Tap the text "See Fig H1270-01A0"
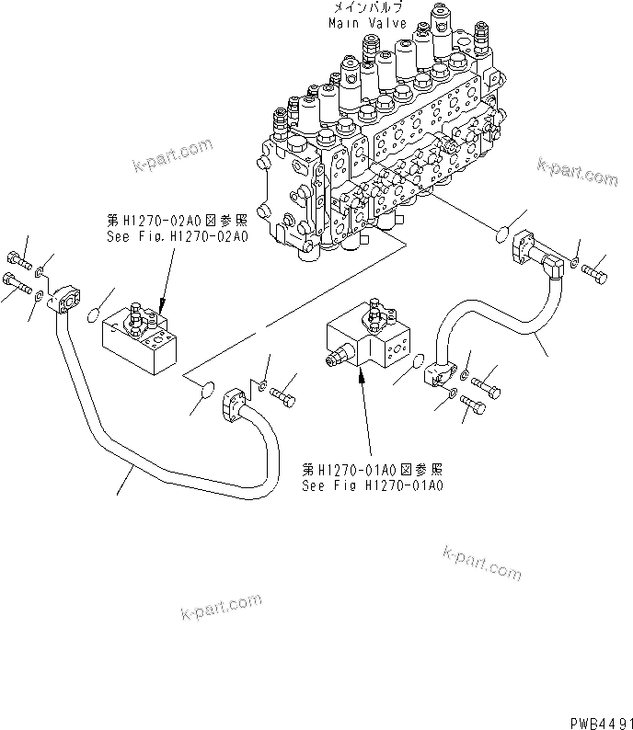click(x=372, y=485)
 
